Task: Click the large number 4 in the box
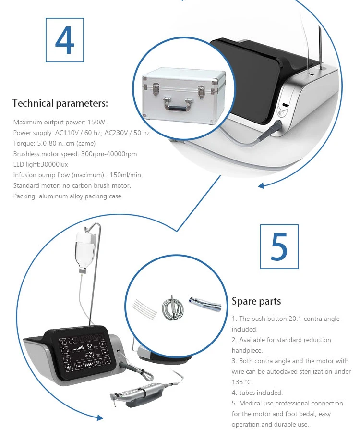64,40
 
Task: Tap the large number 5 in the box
279,246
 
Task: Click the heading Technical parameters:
60,103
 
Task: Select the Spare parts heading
256,301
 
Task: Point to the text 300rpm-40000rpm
109,154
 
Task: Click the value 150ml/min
126,175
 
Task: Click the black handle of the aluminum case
178,108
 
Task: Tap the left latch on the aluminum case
155,88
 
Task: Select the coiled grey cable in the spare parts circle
172,309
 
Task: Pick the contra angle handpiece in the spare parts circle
205,304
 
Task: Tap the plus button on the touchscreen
103,344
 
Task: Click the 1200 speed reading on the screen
89,355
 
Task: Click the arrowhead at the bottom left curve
100,417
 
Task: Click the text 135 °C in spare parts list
242,382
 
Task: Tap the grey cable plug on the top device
277,126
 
